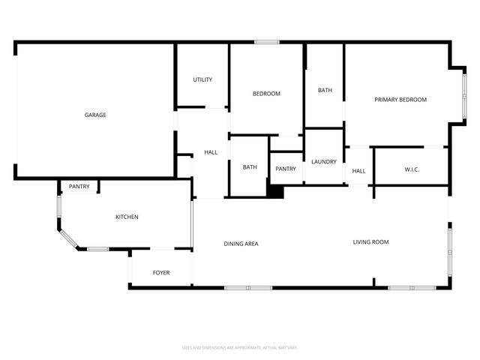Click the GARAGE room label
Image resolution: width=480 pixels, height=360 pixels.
coord(94,115)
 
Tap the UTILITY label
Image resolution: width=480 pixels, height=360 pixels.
coord(202,79)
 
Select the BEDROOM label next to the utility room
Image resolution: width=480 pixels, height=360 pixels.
coord(266,94)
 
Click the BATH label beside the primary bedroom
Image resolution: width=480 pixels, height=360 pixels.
coord(325,90)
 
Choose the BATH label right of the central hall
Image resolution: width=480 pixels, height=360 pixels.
coord(250,167)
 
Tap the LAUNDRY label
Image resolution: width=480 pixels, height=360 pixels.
coord(324,161)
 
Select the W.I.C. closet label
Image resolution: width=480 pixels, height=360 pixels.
coord(412,169)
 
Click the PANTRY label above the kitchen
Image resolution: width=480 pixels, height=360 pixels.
coord(79,186)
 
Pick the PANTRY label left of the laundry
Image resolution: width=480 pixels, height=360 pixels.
coord(286,169)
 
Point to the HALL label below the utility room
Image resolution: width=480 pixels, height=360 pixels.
coord(211,152)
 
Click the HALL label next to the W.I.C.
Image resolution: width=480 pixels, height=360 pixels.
coord(359,171)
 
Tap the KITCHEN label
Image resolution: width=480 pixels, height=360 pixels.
coord(127,217)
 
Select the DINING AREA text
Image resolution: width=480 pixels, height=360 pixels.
coord(241,244)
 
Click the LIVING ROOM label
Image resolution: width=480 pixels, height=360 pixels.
coord(371,241)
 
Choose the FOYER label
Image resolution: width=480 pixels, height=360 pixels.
coord(161,272)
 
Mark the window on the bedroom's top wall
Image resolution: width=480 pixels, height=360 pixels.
coord(267,42)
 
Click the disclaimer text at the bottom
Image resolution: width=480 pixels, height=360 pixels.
coord(240,347)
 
